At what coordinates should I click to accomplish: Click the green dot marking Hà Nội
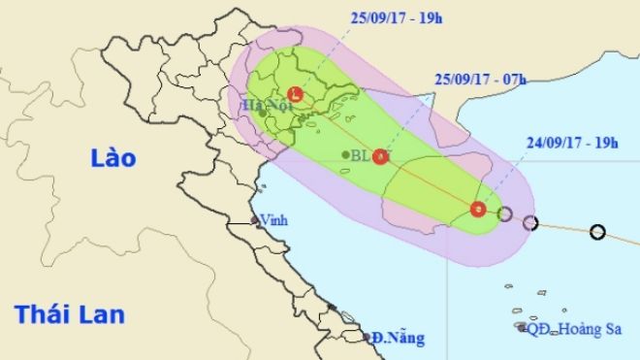tap(263, 114)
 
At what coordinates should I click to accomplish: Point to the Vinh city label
tap(275, 221)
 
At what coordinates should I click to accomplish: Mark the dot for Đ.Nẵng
tap(370, 339)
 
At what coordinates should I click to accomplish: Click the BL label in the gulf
tap(361, 155)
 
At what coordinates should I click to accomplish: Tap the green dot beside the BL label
tap(345, 154)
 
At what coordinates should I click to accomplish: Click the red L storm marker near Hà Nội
tap(296, 94)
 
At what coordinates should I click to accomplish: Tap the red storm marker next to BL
tap(381, 156)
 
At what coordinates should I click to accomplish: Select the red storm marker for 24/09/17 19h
tap(477, 209)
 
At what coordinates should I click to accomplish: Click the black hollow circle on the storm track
tap(597, 232)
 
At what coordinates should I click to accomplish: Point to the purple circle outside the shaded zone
tap(529, 223)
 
